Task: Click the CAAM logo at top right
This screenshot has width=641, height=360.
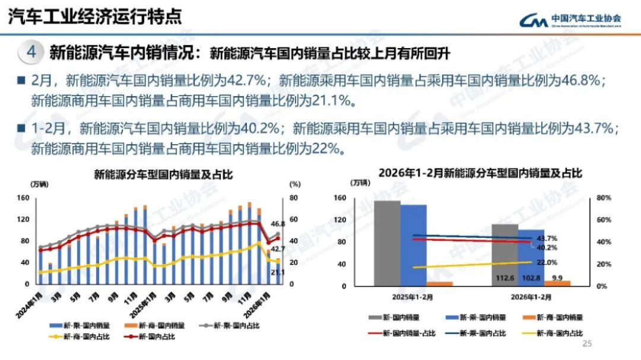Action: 570,20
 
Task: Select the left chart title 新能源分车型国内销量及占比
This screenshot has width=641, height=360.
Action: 163,174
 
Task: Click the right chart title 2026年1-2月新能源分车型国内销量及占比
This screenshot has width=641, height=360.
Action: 481,173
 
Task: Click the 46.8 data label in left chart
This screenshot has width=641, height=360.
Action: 278,224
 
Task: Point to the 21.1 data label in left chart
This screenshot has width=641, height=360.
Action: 278,272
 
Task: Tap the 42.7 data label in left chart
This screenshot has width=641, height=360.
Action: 278,249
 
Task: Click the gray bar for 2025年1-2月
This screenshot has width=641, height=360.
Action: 387,243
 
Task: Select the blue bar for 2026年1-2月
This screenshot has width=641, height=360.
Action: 531,257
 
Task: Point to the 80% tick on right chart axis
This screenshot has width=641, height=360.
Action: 603,198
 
